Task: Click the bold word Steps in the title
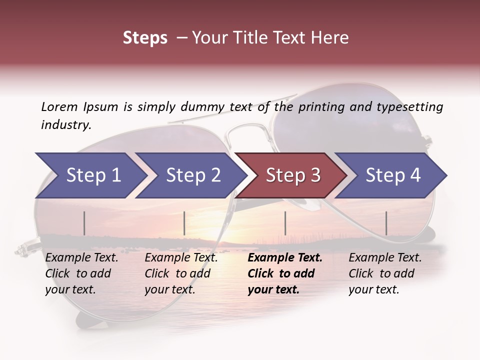pyautogui.click(x=145, y=37)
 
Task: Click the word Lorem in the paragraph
pyautogui.click(x=59, y=106)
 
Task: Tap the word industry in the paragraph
pyautogui.click(x=65, y=124)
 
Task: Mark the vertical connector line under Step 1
pyautogui.click(x=84, y=223)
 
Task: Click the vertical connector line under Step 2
pyautogui.click(x=184, y=223)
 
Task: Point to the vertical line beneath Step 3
pyautogui.click(x=285, y=223)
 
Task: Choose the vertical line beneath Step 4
pyautogui.click(x=386, y=223)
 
